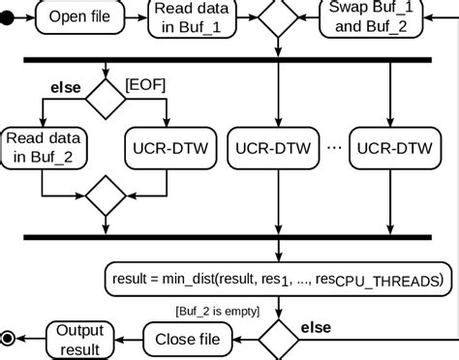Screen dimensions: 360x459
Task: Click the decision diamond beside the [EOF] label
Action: (106, 97)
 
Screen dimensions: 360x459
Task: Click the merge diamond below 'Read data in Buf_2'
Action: (106, 197)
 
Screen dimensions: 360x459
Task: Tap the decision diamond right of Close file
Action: (278, 338)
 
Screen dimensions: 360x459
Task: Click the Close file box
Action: (189, 339)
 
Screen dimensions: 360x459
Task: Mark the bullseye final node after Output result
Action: (9, 339)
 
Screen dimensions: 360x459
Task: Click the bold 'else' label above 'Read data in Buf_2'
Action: (65, 88)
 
